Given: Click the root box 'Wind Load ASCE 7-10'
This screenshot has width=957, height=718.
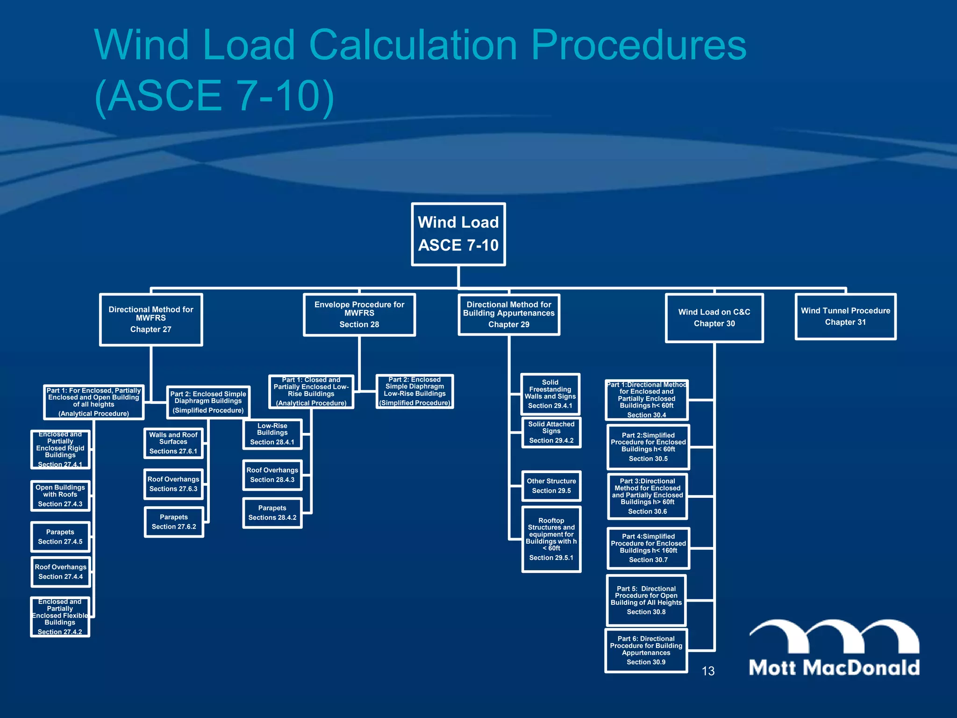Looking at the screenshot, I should [x=458, y=234].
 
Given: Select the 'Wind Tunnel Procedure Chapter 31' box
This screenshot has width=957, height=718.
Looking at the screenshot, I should [x=845, y=316].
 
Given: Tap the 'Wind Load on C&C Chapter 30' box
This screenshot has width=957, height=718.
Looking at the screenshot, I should [x=714, y=318].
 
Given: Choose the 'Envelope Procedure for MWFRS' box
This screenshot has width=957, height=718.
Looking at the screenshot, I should [x=359, y=314].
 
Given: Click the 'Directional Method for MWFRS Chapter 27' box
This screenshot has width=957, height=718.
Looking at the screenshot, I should [x=150, y=319].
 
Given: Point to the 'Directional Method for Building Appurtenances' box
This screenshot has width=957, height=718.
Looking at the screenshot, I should [x=509, y=314].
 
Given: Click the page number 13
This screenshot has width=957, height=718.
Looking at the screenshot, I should [x=708, y=671].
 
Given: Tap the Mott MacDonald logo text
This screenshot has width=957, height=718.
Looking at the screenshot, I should [x=834, y=667].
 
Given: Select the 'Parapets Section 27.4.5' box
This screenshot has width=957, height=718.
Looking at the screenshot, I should [x=60, y=537].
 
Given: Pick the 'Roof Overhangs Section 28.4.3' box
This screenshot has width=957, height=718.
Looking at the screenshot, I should [x=272, y=475].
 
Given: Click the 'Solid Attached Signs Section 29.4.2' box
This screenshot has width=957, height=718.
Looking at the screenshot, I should [x=551, y=432].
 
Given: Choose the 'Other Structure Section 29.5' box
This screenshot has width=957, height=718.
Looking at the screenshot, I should [x=551, y=486].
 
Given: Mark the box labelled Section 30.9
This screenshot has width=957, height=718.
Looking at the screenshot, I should [x=646, y=650].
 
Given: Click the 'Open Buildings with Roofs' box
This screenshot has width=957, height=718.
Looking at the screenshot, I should [x=60, y=495].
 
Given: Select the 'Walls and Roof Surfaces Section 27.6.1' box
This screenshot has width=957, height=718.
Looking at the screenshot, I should [x=173, y=443].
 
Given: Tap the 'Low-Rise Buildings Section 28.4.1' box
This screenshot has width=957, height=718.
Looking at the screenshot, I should [x=272, y=434].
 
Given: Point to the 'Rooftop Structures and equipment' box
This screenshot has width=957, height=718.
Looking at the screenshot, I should [x=551, y=539].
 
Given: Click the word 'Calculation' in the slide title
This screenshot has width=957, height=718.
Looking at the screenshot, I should [x=413, y=45].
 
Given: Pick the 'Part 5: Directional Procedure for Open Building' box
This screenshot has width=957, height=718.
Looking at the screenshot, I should [x=646, y=600].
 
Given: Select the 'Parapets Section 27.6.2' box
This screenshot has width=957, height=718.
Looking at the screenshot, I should [x=174, y=522].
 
